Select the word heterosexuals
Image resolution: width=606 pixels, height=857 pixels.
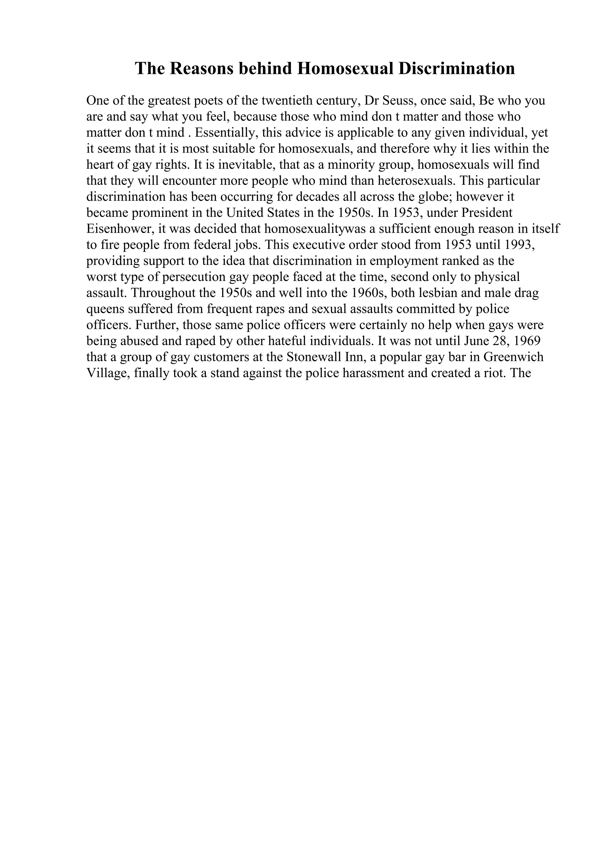pos(417,181)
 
